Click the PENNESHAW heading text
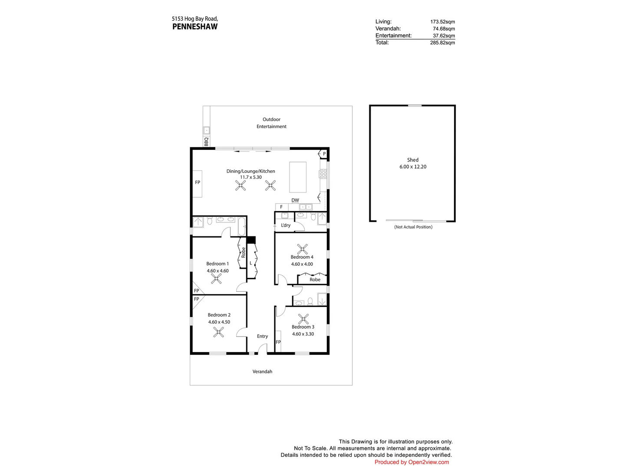(195, 26)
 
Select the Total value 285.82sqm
(442, 43)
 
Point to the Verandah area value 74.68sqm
(444, 29)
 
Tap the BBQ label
(206, 142)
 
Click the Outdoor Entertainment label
(271, 123)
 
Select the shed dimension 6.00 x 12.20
(413, 167)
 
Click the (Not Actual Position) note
(413, 227)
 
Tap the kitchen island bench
(297, 177)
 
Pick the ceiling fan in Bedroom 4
(302, 249)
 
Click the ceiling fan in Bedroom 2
(219, 333)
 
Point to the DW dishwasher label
(295, 200)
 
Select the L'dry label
(286, 225)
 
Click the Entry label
(262, 336)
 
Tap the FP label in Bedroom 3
(278, 342)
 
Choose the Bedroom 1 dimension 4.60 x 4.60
(217, 271)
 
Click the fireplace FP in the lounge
(197, 182)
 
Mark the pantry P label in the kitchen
(324, 154)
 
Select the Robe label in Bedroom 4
(315, 280)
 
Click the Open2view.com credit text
(411, 462)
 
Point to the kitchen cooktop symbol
(323, 174)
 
